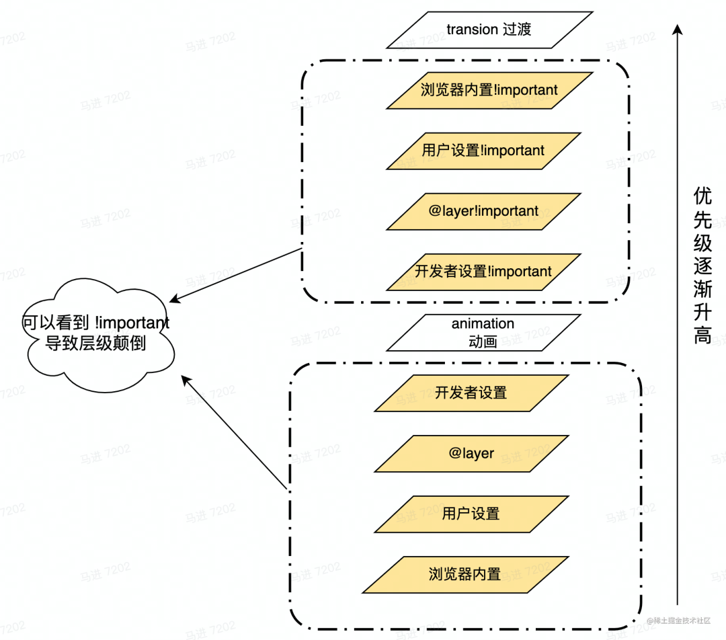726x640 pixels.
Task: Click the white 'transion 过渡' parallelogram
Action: tap(489, 30)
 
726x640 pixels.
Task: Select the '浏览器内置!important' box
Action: tap(489, 90)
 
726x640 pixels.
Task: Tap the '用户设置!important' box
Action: tap(483, 151)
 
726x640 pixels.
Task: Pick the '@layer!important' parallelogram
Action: tap(483, 211)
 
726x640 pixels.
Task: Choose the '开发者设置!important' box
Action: tap(483, 272)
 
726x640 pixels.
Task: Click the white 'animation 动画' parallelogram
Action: tap(483, 333)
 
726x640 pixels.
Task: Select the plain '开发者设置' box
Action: tap(471, 393)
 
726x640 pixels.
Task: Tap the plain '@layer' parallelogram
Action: tap(471, 453)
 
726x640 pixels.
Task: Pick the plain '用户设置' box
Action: tap(471, 514)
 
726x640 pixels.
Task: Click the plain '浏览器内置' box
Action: tap(465, 574)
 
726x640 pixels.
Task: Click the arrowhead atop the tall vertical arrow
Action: tap(678, 30)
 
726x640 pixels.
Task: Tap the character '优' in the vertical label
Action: tap(702, 196)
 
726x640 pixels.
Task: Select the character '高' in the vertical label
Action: tap(702, 335)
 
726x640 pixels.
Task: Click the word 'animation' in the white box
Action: tap(483, 324)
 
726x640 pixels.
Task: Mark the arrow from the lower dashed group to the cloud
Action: tap(235, 434)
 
